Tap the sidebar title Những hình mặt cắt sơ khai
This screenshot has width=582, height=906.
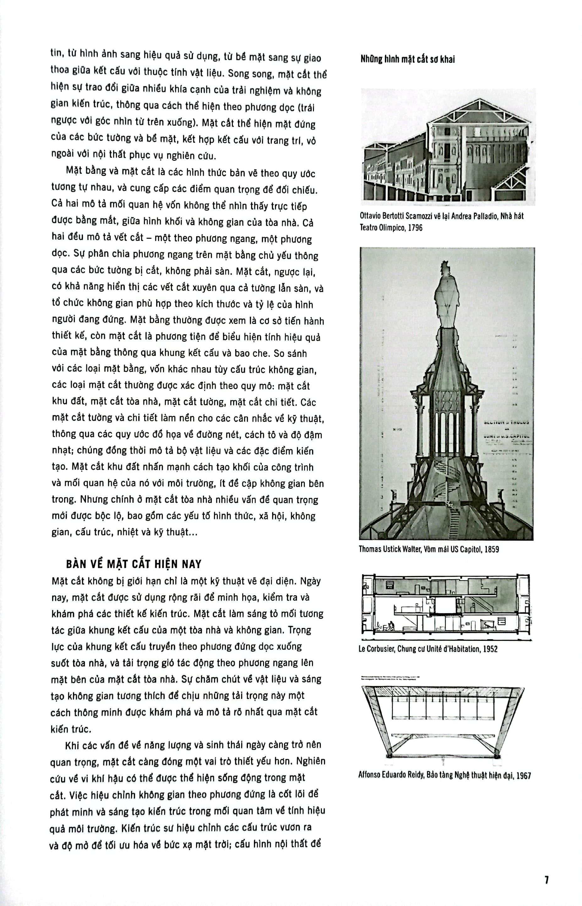point(407,59)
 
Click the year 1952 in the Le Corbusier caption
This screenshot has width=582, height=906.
point(489,649)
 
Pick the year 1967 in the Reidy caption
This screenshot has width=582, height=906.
point(524,776)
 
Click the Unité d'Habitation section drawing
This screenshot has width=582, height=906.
point(446,604)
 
